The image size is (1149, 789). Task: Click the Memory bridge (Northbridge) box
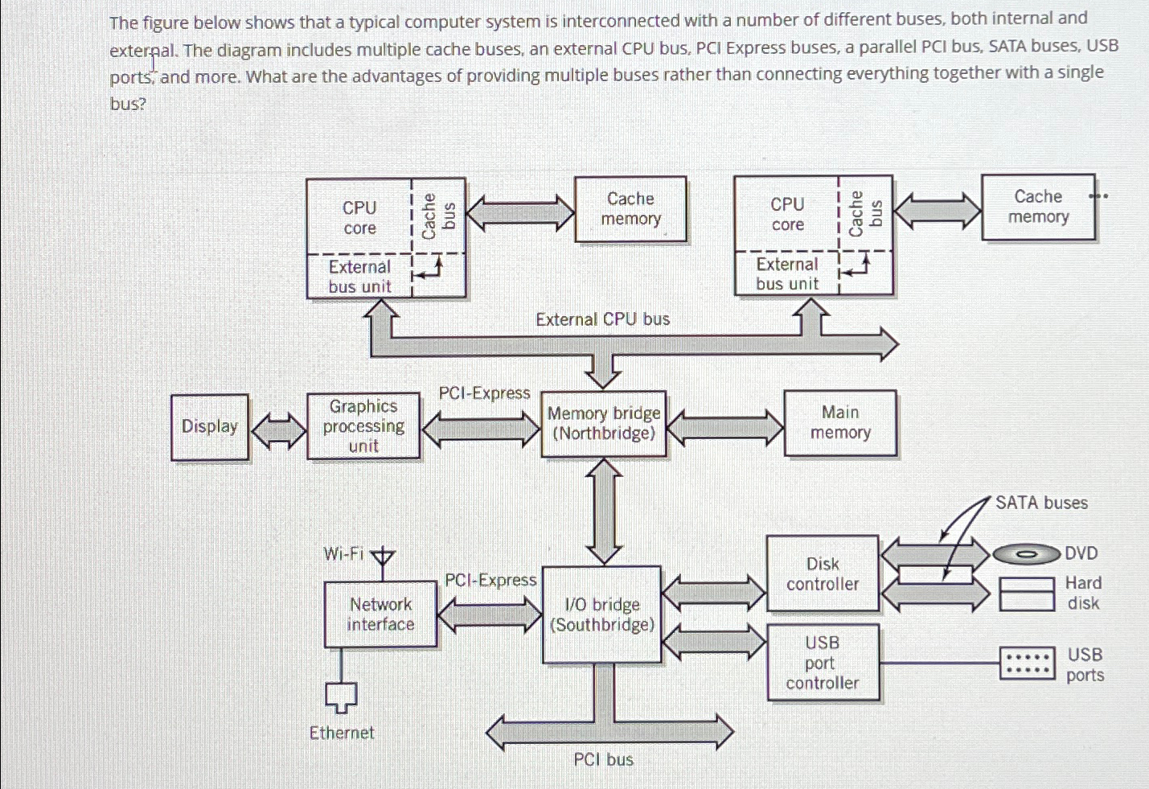[604, 424]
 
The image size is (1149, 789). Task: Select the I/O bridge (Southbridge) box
[602, 614]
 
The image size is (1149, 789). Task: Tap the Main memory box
[840, 423]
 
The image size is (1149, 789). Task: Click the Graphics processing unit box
[363, 425]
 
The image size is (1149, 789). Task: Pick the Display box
[210, 426]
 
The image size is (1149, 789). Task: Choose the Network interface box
[380, 614]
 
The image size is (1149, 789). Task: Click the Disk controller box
[823, 574]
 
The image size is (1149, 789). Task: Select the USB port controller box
[823, 663]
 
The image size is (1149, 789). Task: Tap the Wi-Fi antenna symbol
[383, 557]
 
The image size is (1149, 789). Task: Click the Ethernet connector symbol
[341, 697]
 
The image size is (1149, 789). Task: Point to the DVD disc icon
[1026, 554]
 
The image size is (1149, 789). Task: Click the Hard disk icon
[1027, 594]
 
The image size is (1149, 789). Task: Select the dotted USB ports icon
[1027, 664]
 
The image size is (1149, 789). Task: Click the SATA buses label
[1041, 503]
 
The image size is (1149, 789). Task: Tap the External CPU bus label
[602, 319]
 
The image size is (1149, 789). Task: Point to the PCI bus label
[603, 759]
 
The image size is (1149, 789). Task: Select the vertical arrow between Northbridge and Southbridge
[604, 512]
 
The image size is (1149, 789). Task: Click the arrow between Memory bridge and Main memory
[725, 427]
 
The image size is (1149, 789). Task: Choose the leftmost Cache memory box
[630, 209]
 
